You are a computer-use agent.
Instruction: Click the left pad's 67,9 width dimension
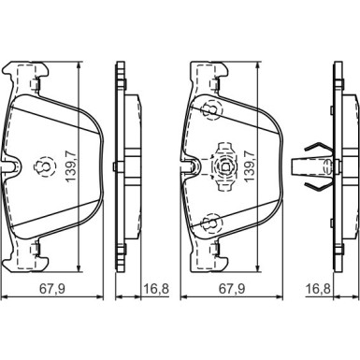click(x=51, y=288)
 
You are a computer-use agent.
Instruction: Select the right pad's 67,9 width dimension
click(x=232, y=288)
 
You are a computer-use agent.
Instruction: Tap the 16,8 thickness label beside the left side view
click(x=156, y=288)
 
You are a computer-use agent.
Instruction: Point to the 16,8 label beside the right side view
click(x=318, y=288)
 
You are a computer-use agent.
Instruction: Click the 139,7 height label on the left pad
click(x=71, y=166)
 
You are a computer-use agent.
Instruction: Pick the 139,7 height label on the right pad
click(x=251, y=166)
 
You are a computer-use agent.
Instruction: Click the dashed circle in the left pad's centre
click(x=43, y=166)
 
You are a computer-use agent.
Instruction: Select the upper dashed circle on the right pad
click(x=212, y=109)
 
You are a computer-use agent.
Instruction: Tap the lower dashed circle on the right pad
click(x=212, y=223)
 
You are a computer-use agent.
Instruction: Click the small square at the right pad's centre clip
click(x=225, y=167)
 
